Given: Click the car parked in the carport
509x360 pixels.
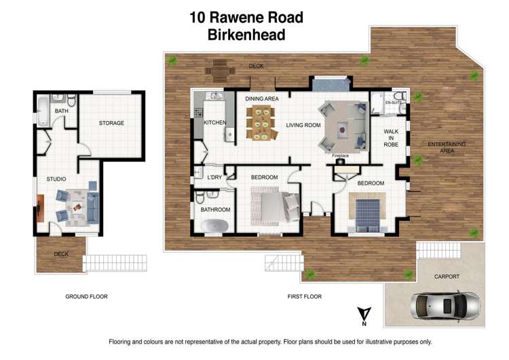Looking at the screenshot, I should pos(445,303).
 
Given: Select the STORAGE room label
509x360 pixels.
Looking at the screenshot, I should pos(111,123).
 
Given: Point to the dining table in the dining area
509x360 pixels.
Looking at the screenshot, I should pos(261,123).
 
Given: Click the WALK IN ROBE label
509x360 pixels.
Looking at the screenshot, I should pos(391,138).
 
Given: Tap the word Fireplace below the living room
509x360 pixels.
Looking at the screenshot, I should pos(340,156).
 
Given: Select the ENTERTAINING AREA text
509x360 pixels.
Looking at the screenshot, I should pos(446,147).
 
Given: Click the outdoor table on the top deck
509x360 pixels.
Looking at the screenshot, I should pos(221,68).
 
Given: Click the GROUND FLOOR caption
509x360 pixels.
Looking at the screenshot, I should pos(86,296).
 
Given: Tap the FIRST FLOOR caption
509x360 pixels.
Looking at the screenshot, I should pos(305,296).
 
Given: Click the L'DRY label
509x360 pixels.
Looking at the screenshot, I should pos(214,177).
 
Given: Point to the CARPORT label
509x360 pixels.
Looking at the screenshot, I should pos(447,276).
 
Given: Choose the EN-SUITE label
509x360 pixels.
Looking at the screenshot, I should pos(394,103).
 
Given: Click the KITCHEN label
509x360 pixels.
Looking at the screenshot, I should pos(214,123).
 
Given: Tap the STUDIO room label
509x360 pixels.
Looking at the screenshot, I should pos(56,179).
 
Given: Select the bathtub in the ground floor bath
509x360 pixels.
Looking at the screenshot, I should pos(43,111).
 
